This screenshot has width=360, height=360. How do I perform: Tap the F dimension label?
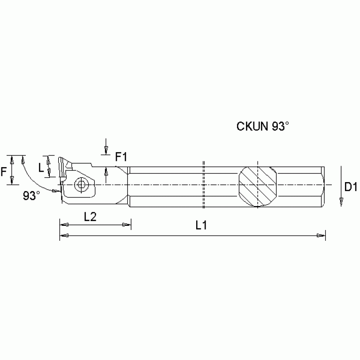tap(4, 172)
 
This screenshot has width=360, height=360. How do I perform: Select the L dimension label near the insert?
tap(41, 167)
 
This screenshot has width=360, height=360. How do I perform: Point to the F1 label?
tap(121, 157)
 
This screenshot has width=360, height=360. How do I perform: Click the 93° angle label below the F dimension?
tap(31, 196)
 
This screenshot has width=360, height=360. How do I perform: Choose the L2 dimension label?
tap(90, 216)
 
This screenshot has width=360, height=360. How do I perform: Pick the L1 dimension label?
tap(201, 226)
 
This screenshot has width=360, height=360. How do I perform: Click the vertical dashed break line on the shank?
tap(204, 185)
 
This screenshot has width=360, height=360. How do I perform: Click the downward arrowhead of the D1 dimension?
tap(341, 202)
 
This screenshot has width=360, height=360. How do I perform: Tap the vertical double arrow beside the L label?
tap(48, 166)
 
